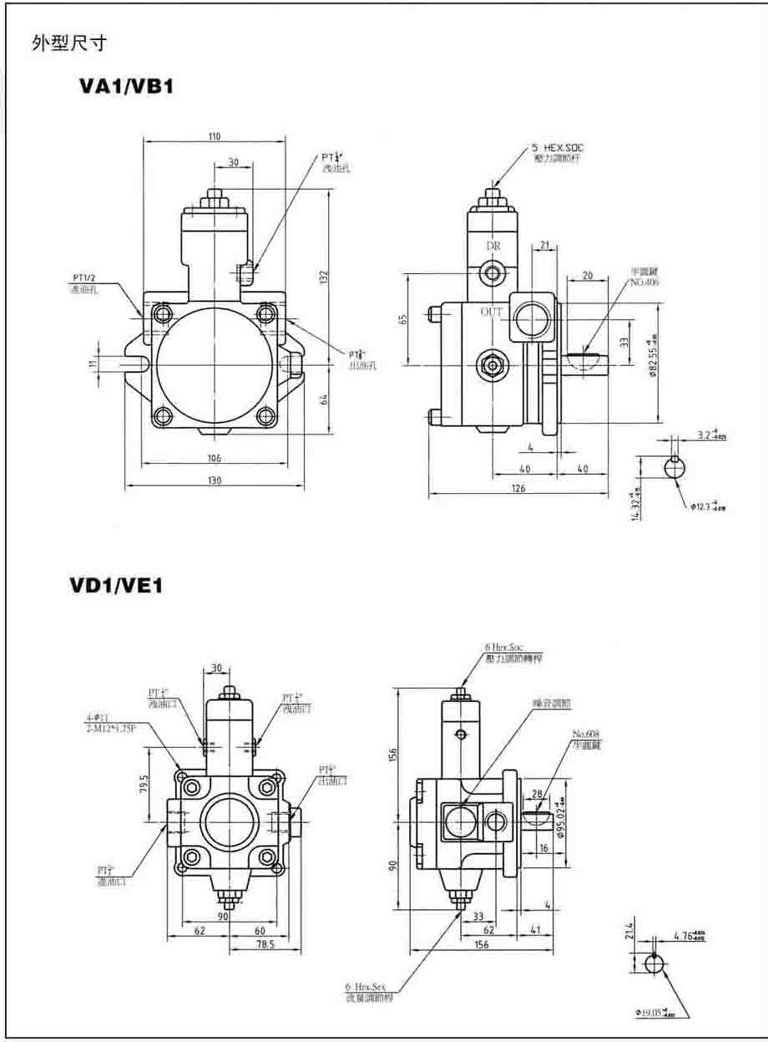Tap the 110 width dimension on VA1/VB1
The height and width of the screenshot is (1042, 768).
click(215, 137)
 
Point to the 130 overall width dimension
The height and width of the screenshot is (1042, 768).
click(215, 480)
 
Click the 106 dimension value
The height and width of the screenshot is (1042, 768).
click(214, 457)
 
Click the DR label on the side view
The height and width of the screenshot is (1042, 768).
click(494, 246)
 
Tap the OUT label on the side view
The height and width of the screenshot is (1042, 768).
click(492, 312)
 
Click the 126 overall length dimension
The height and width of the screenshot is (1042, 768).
click(518, 489)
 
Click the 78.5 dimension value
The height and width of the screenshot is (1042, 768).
click(265, 943)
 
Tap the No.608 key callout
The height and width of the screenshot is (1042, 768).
click(586, 734)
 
